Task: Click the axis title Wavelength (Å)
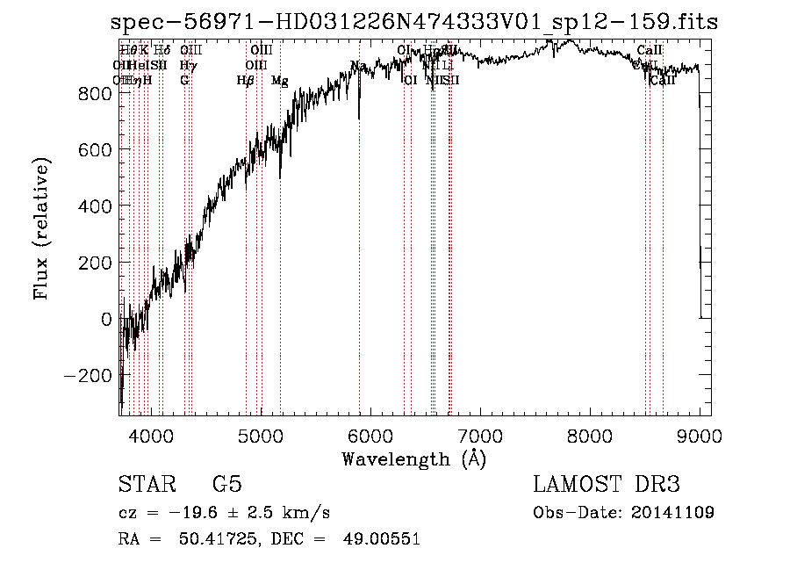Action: (413, 458)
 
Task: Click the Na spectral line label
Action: (357, 67)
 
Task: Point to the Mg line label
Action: (279, 81)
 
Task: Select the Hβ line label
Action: (245, 81)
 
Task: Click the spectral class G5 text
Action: (226, 485)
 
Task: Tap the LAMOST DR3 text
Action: (607, 485)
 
